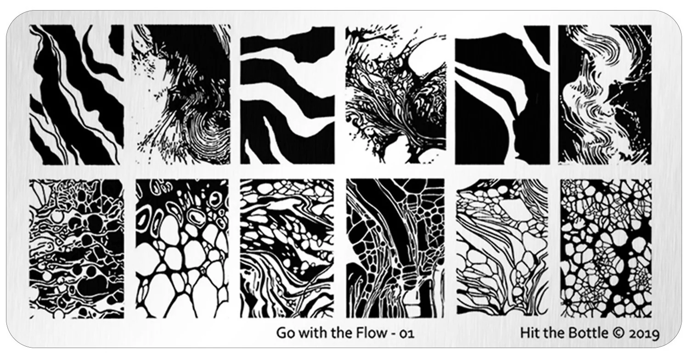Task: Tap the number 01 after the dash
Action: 407,333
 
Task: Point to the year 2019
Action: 645,334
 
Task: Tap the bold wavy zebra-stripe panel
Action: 287,95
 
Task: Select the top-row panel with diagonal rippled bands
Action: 77,95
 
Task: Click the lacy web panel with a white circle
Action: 395,95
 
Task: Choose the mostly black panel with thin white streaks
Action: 502,95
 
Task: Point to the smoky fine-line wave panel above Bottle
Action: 605,95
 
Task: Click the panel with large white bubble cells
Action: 182,249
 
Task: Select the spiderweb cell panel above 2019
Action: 606,248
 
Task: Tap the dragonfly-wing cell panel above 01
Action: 395,248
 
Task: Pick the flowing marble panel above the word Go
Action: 287,249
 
